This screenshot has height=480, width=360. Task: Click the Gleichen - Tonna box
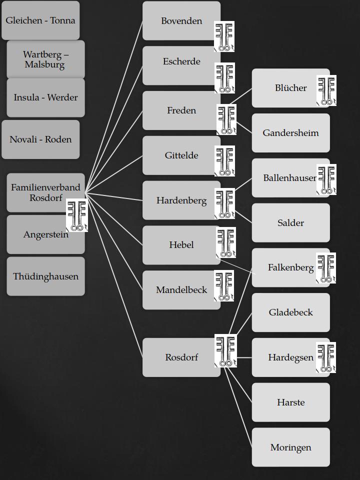pyautogui.click(x=40, y=20)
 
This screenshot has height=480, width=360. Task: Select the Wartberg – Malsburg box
pyautogui.click(x=45, y=59)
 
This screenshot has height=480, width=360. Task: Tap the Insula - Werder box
pyautogui.click(x=45, y=97)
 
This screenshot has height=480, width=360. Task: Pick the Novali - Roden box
pyautogui.click(x=40, y=139)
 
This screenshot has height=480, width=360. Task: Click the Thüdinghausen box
pyautogui.click(x=45, y=276)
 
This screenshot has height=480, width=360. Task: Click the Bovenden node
pyautogui.click(x=181, y=21)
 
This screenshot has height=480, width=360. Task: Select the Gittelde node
pyautogui.click(x=181, y=155)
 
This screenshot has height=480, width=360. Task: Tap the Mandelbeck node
pyautogui.click(x=181, y=290)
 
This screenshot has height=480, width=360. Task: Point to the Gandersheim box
pyautogui.click(x=290, y=133)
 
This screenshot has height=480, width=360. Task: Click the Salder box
pyautogui.click(x=290, y=223)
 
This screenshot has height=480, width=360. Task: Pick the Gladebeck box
pyautogui.click(x=290, y=312)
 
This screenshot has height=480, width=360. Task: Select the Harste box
pyautogui.click(x=290, y=402)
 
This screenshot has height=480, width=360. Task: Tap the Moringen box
pyautogui.click(x=290, y=447)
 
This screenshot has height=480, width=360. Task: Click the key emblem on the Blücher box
pyautogui.click(x=326, y=90)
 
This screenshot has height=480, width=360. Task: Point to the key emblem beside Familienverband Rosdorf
pyautogui.click(x=76, y=215)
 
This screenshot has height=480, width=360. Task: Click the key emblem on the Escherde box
pyautogui.click(x=224, y=78)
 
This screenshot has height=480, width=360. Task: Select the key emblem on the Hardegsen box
pyautogui.click(x=325, y=358)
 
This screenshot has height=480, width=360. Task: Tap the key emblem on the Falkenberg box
pyautogui.click(x=325, y=268)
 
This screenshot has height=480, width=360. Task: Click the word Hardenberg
pyautogui.click(x=181, y=200)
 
